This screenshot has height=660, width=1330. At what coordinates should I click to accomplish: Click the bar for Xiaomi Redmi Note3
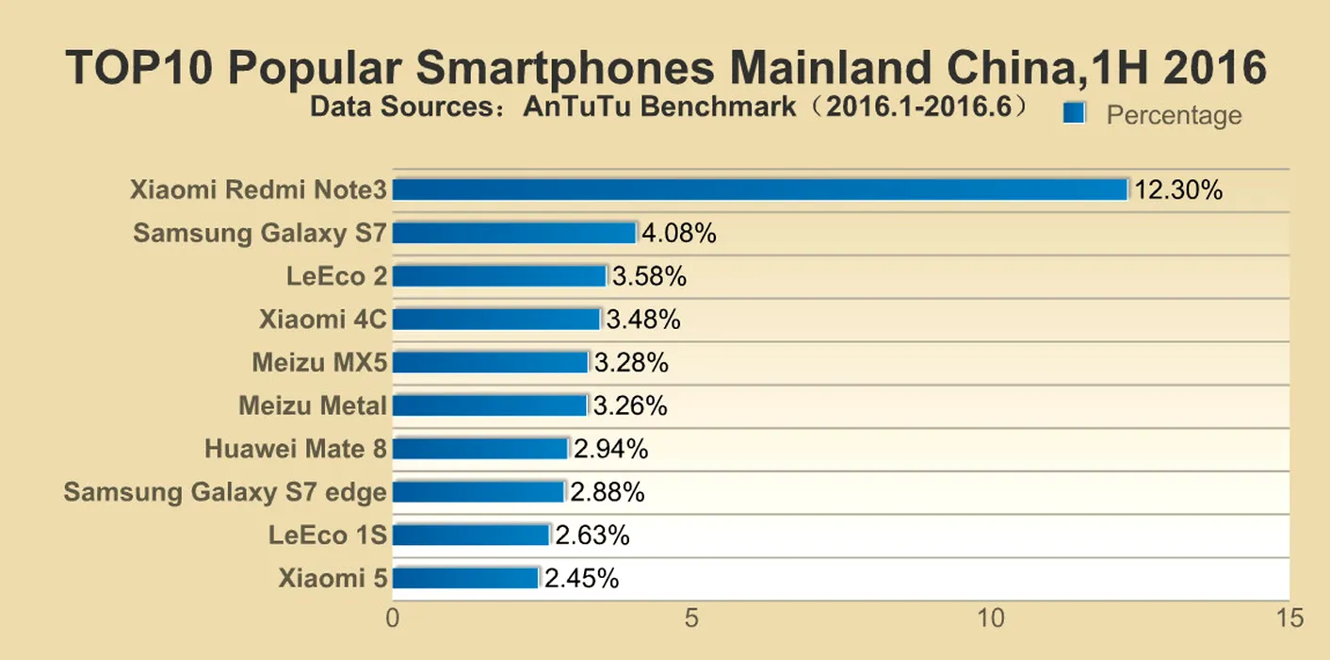(759, 190)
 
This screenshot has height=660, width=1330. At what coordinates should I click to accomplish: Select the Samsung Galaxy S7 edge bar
(478, 491)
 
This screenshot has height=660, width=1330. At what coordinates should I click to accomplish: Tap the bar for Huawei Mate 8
(480, 448)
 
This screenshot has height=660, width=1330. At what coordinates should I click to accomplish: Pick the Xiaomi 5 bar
(465, 577)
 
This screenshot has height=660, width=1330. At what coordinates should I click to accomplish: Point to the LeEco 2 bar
(499, 276)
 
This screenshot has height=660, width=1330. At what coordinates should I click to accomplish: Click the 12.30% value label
(1178, 190)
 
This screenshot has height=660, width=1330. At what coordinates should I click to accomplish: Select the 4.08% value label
(679, 233)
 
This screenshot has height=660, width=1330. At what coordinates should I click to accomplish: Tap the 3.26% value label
(630, 405)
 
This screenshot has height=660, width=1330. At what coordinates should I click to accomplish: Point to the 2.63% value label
(592, 535)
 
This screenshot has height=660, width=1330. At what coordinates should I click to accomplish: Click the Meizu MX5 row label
(319, 362)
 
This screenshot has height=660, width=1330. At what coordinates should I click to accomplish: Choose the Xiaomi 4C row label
(323, 320)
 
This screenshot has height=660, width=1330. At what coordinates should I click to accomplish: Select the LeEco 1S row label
(327, 535)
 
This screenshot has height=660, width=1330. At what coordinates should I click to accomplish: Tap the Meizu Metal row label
(313, 405)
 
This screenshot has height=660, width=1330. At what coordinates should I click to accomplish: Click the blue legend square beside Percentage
(1074, 113)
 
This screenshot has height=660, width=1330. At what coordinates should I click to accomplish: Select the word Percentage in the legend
(1174, 115)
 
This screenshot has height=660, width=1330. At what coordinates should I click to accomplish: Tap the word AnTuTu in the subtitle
(578, 107)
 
